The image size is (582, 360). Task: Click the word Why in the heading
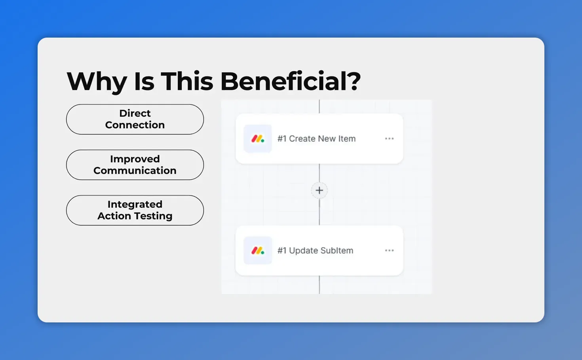click(x=97, y=81)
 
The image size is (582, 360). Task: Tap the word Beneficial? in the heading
click(x=290, y=81)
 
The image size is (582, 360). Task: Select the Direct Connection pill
click(x=135, y=119)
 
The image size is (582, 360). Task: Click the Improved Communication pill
click(x=135, y=165)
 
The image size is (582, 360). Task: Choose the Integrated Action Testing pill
click(x=135, y=210)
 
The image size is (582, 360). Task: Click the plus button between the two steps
click(x=319, y=190)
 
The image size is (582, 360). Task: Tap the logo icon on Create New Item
click(x=258, y=139)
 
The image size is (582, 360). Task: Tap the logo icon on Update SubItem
click(x=258, y=250)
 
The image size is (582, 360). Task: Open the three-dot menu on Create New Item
click(x=389, y=138)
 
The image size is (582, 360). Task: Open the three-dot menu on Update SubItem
click(x=389, y=250)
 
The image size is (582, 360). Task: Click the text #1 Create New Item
click(x=316, y=139)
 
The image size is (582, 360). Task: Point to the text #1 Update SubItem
click(x=315, y=250)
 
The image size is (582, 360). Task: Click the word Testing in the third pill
click(x=153, y=216)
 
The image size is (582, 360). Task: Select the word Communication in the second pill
click(x=135, y=171)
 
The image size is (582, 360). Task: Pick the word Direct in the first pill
click(x=135, y=114)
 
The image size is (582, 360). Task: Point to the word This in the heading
click(x=187, y=81)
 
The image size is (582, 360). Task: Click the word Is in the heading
click(x=144, y=81)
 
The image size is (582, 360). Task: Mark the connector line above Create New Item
click(x=320, y=107)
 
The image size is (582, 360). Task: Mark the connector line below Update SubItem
click(x=320, y=285)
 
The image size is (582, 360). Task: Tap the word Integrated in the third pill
click(x=135, y=205)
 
